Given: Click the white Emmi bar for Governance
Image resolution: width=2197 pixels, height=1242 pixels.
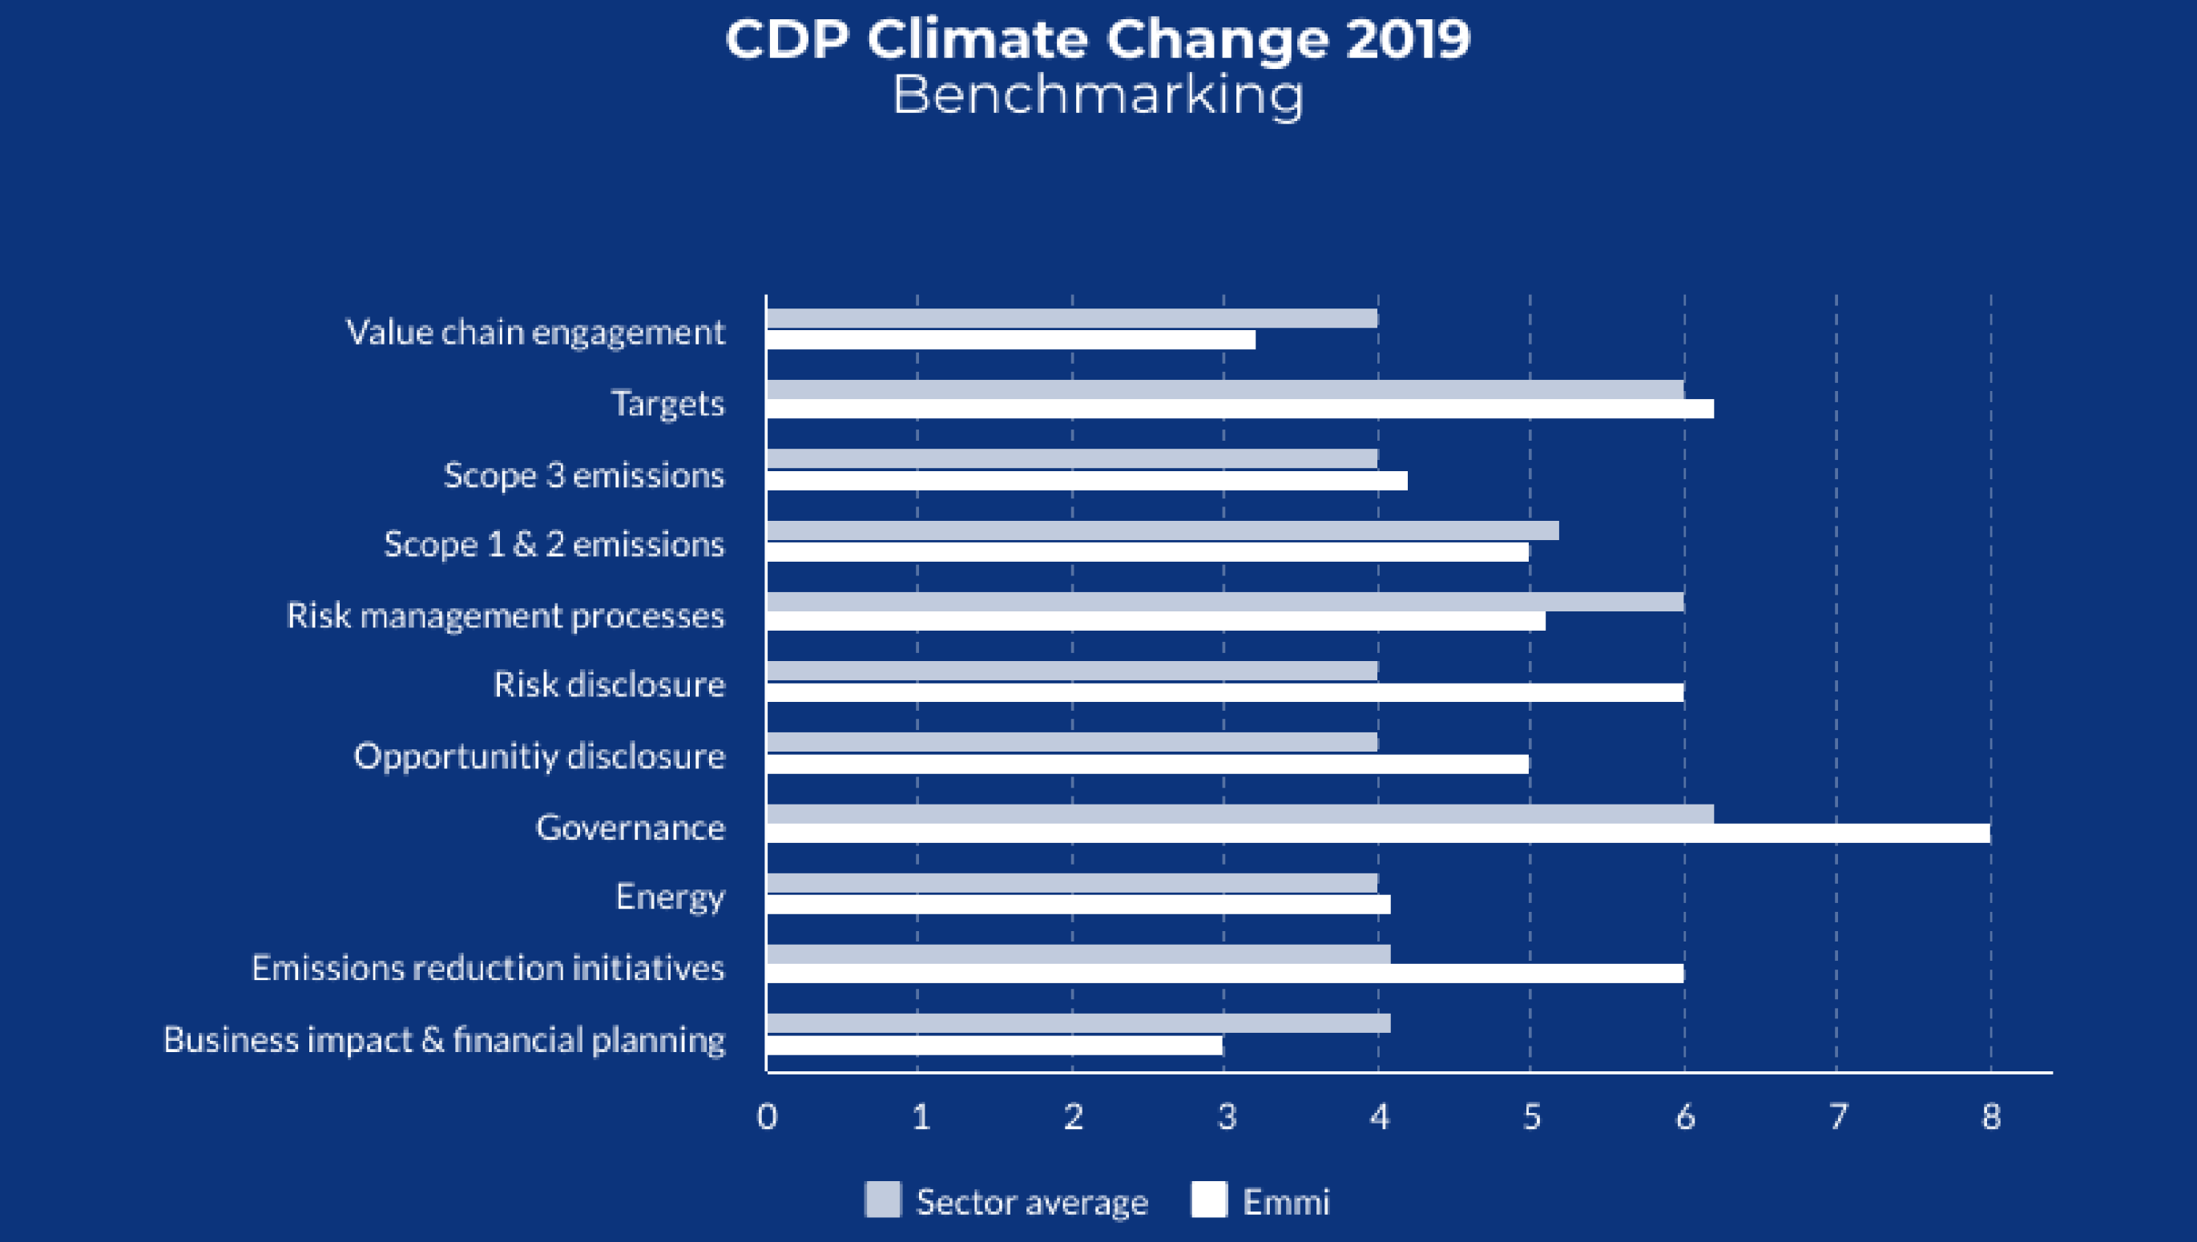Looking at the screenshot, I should [1377, 833].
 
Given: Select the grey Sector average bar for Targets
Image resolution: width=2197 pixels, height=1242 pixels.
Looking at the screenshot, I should [1225, 390].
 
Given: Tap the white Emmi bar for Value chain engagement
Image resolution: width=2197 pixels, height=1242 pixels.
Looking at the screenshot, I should [1010, 340].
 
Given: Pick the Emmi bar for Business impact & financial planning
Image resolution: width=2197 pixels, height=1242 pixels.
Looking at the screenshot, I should [994, 1045].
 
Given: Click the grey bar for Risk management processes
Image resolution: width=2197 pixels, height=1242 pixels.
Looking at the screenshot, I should [1225, 602].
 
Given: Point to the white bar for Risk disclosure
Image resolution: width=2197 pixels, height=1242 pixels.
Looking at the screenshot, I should [1225, 692].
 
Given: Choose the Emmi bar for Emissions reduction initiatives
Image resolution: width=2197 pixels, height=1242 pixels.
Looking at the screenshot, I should [1225, 974].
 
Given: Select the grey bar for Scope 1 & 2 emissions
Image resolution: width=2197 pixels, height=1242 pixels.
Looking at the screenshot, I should [1162, 530].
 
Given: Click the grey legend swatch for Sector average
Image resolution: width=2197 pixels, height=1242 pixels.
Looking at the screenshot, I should [883, 1200].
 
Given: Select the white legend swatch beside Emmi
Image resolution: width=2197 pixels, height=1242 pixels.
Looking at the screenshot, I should [1208, 1200].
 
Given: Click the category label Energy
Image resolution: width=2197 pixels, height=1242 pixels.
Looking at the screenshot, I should [671, 897].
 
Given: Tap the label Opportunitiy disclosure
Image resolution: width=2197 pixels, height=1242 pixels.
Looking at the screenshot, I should [539, 756].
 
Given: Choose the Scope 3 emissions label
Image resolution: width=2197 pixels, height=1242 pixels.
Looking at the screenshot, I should [583, 475].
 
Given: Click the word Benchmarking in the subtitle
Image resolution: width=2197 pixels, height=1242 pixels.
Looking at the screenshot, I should [1098, 95].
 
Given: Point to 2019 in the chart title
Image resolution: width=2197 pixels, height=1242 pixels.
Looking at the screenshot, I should [1407, 39].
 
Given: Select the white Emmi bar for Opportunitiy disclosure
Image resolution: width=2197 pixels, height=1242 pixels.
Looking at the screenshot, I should [1147, 764].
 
